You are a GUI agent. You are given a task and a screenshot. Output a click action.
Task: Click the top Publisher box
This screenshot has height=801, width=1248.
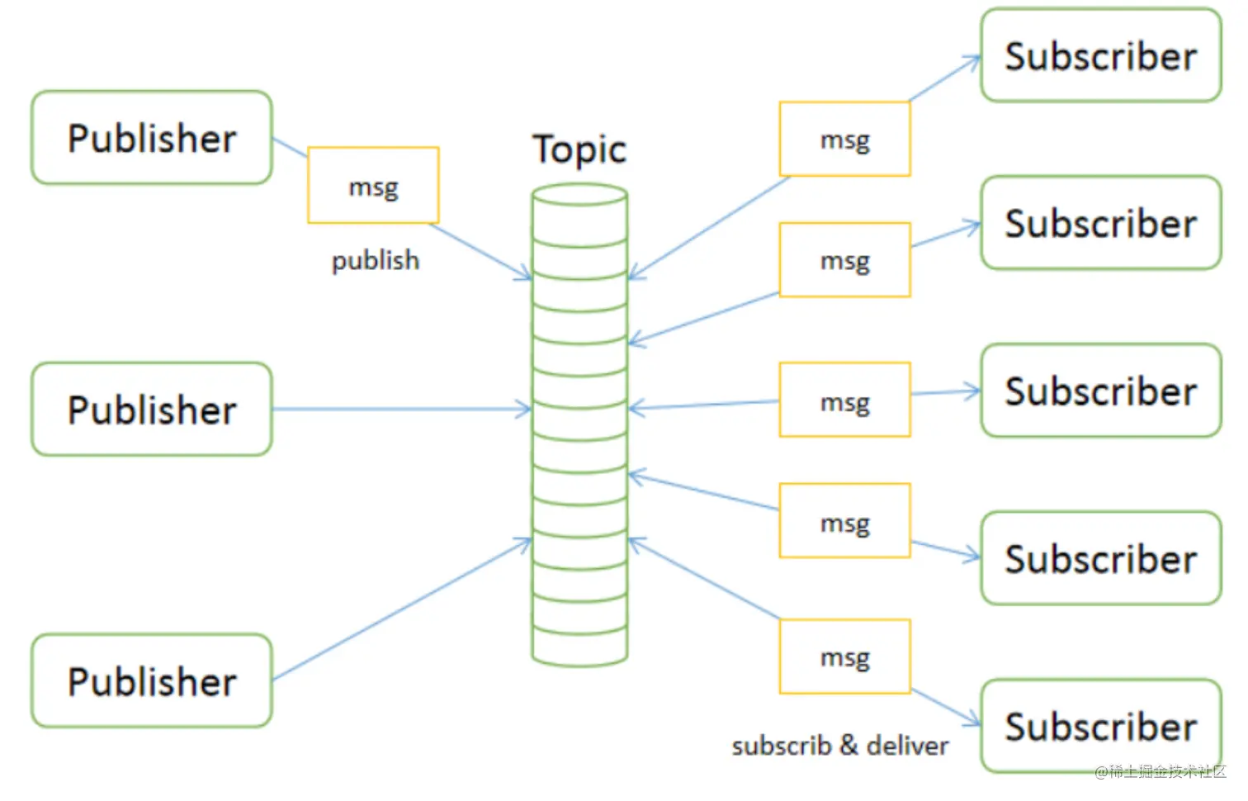152,138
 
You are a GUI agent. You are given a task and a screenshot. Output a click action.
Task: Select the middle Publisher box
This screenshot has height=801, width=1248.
152,410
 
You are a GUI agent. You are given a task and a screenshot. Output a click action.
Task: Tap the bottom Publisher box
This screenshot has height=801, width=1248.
152,681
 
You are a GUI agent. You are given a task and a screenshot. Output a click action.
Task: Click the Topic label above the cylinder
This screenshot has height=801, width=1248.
579,150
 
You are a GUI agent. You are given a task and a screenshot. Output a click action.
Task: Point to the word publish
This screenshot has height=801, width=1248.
376,261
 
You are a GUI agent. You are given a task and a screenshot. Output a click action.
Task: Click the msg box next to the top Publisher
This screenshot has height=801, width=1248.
373,186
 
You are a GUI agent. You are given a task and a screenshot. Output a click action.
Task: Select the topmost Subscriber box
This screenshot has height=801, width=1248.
1100,56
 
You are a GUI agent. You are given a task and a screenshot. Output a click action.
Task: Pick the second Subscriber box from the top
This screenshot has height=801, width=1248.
1100,223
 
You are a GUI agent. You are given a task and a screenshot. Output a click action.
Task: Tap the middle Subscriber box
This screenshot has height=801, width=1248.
1100,391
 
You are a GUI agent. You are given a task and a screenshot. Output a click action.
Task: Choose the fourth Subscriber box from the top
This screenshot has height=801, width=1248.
1100,559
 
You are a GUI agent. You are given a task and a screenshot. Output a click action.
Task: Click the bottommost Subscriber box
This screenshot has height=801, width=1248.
1100,727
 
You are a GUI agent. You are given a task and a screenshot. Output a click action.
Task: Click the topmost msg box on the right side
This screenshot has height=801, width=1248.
844,140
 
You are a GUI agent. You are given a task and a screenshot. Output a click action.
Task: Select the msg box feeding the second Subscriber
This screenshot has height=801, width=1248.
844,260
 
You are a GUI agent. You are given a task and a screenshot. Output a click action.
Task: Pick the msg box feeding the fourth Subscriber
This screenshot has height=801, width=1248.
844,521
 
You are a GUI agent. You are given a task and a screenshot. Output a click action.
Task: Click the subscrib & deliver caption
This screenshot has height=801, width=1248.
839,746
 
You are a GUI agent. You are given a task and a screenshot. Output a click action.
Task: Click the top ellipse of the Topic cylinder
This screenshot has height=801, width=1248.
579,195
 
